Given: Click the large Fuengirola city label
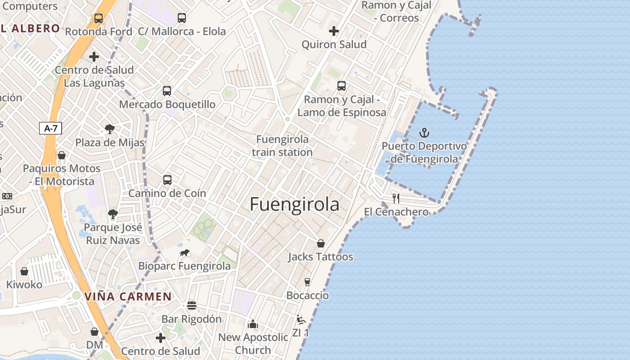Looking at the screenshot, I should [x=294, y=205].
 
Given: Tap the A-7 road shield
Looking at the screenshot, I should [x=50, y=128].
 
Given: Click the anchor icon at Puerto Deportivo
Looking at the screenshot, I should [x=424, y=133].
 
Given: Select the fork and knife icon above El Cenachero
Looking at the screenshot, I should [x=396, y=198].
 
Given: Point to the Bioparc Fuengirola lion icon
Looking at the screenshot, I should [x=184, y=253].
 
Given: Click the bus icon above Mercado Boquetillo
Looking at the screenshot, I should [x=167, y=90].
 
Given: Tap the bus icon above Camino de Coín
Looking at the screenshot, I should [x=167, y=180].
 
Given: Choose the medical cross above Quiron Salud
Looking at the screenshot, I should [x=334, y=31].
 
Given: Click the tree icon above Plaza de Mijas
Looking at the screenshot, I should [x=110, y=129].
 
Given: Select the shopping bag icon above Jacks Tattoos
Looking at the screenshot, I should [x=321, y=243].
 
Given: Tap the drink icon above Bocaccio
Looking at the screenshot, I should [x=307, y=282].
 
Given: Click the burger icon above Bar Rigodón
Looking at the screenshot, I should [x=192, y=306].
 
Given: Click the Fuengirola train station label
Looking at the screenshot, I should [x=282, y=146].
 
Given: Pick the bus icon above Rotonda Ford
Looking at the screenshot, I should [x=99, y=18].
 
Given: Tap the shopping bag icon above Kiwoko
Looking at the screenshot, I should [x=24, y=271].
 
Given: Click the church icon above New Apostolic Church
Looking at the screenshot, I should [x=253, y=324].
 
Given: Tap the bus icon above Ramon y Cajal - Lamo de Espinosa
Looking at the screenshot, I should [x=342, y=86].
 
